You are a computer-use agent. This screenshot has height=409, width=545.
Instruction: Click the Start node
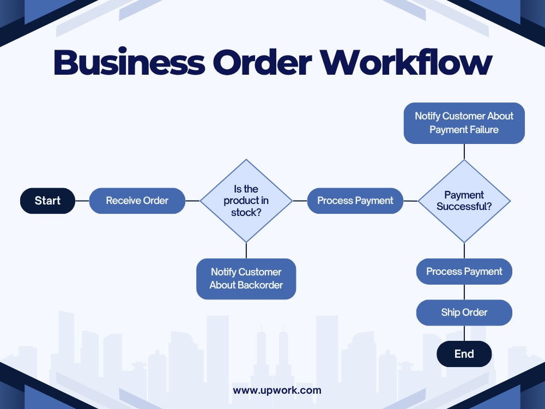[x=47, y=201]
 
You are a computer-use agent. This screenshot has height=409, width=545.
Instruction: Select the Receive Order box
[x=137, y=201]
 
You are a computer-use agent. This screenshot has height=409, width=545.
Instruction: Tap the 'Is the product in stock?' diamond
[x=246, y=201]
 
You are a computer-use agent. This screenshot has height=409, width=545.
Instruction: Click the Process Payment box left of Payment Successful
[x=355, y=201]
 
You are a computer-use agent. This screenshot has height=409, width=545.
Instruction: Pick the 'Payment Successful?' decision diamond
[x=464, y=201]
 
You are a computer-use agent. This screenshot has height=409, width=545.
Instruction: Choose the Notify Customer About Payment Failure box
[x=464, y=123]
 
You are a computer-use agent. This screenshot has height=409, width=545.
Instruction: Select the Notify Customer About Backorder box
[x=246, y=279]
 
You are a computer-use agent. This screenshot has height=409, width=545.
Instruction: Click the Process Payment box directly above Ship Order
[x=464, y=271]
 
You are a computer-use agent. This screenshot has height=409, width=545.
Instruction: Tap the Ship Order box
[x=464, y=312]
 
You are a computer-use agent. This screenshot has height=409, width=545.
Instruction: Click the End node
[x=464, y=354]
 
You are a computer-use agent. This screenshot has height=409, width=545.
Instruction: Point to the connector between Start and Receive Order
[x=82, y=201]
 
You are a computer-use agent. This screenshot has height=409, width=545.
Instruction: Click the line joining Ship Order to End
[x=464, y=333]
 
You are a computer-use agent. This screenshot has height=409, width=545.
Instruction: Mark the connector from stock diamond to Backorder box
[x=246, y=250]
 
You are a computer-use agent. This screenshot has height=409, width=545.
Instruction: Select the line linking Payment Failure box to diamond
[x=464, y=152]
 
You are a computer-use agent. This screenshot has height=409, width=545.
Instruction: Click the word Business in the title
[x=129, y=62]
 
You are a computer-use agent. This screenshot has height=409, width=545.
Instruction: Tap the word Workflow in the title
[x=406, y=62]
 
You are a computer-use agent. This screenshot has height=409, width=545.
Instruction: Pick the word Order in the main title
[x=263, y=62]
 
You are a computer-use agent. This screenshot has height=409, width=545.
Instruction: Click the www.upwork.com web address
[x=277, y=390]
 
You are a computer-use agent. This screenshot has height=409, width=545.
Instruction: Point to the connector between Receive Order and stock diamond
[x=192, y=201]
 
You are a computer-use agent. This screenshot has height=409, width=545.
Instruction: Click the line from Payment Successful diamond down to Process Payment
[x=464, y=250]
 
